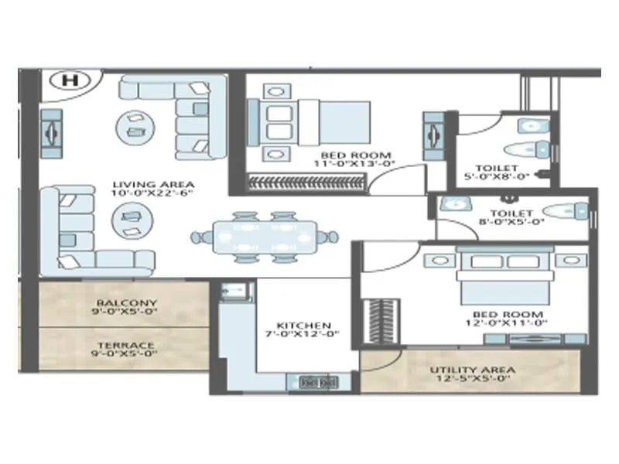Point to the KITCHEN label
click(x=304, y=326)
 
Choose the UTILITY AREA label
click(x=472, y=370)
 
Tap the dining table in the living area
click(x=265, y=236)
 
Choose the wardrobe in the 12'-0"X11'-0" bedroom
click(x=379, y=319)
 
